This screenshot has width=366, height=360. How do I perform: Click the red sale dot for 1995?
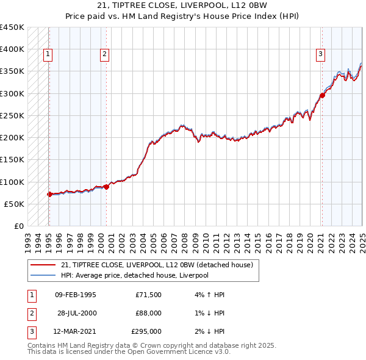pos(49,194)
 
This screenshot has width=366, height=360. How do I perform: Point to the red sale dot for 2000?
pos(106,187)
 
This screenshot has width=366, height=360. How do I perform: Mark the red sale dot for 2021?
pos(322,95)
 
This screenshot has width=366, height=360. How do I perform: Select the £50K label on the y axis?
pos(14,204)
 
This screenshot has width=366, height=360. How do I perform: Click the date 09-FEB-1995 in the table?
pos(75,295)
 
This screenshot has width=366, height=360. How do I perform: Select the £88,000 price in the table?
pos(148,313)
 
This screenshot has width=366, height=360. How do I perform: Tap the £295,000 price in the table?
pos(146,331)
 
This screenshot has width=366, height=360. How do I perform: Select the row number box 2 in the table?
pos(31,313)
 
